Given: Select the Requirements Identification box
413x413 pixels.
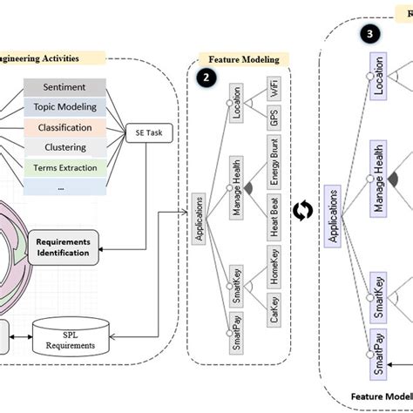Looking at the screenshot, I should [64, 247].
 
